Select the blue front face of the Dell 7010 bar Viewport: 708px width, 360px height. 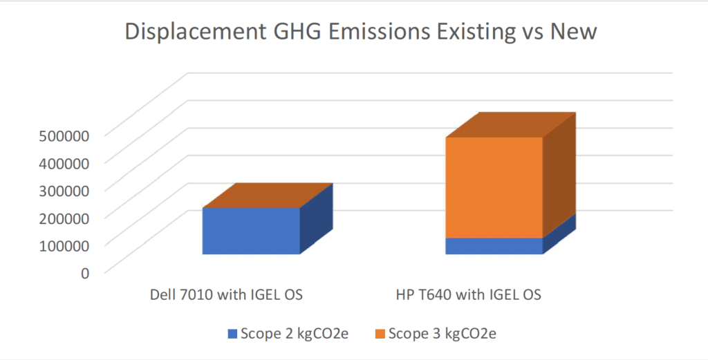click(251, 231)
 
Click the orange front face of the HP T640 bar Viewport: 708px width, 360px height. click(494, 187)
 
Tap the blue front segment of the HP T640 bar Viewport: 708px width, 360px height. click(494, 246)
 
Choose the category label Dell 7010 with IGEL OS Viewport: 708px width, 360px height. click(226, 294)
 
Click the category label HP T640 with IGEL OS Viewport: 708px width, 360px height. click(469, 294)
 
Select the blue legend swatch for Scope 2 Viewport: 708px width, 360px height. click(232, 334)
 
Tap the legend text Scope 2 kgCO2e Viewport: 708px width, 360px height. click(295, 333)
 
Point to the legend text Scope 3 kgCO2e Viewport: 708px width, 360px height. click(442, 333)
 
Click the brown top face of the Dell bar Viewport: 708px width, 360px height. click(268, 196)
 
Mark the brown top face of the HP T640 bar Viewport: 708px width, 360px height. click(511, 125)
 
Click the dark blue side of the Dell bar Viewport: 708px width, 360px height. click(317, 219)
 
